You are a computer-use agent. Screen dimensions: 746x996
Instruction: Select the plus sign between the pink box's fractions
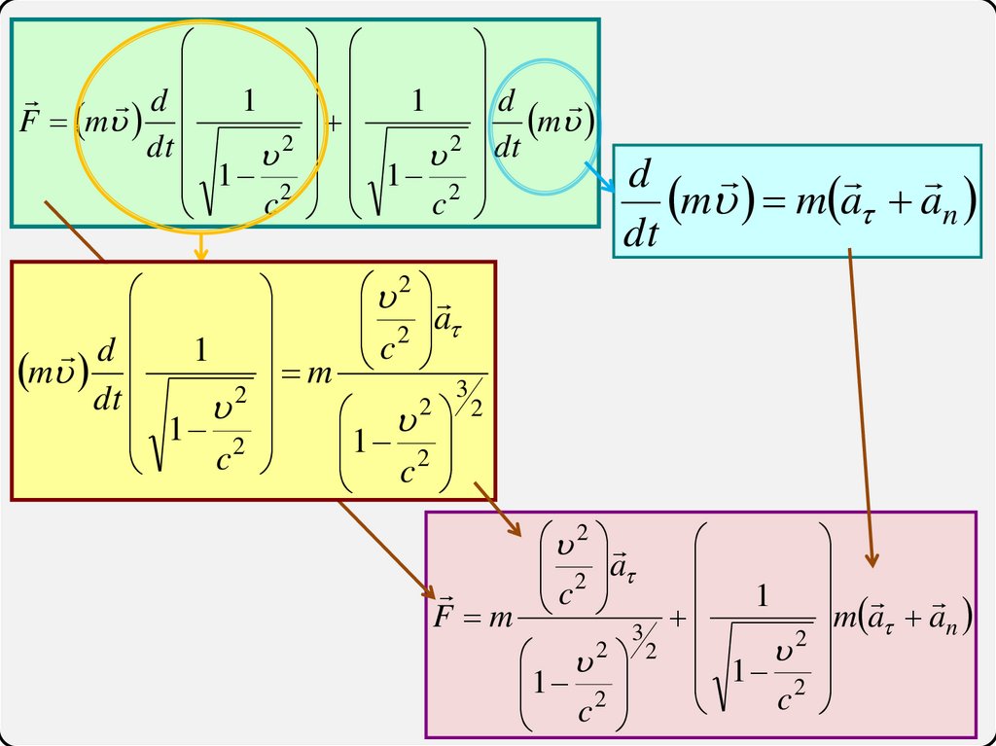(x=679, y=618)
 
